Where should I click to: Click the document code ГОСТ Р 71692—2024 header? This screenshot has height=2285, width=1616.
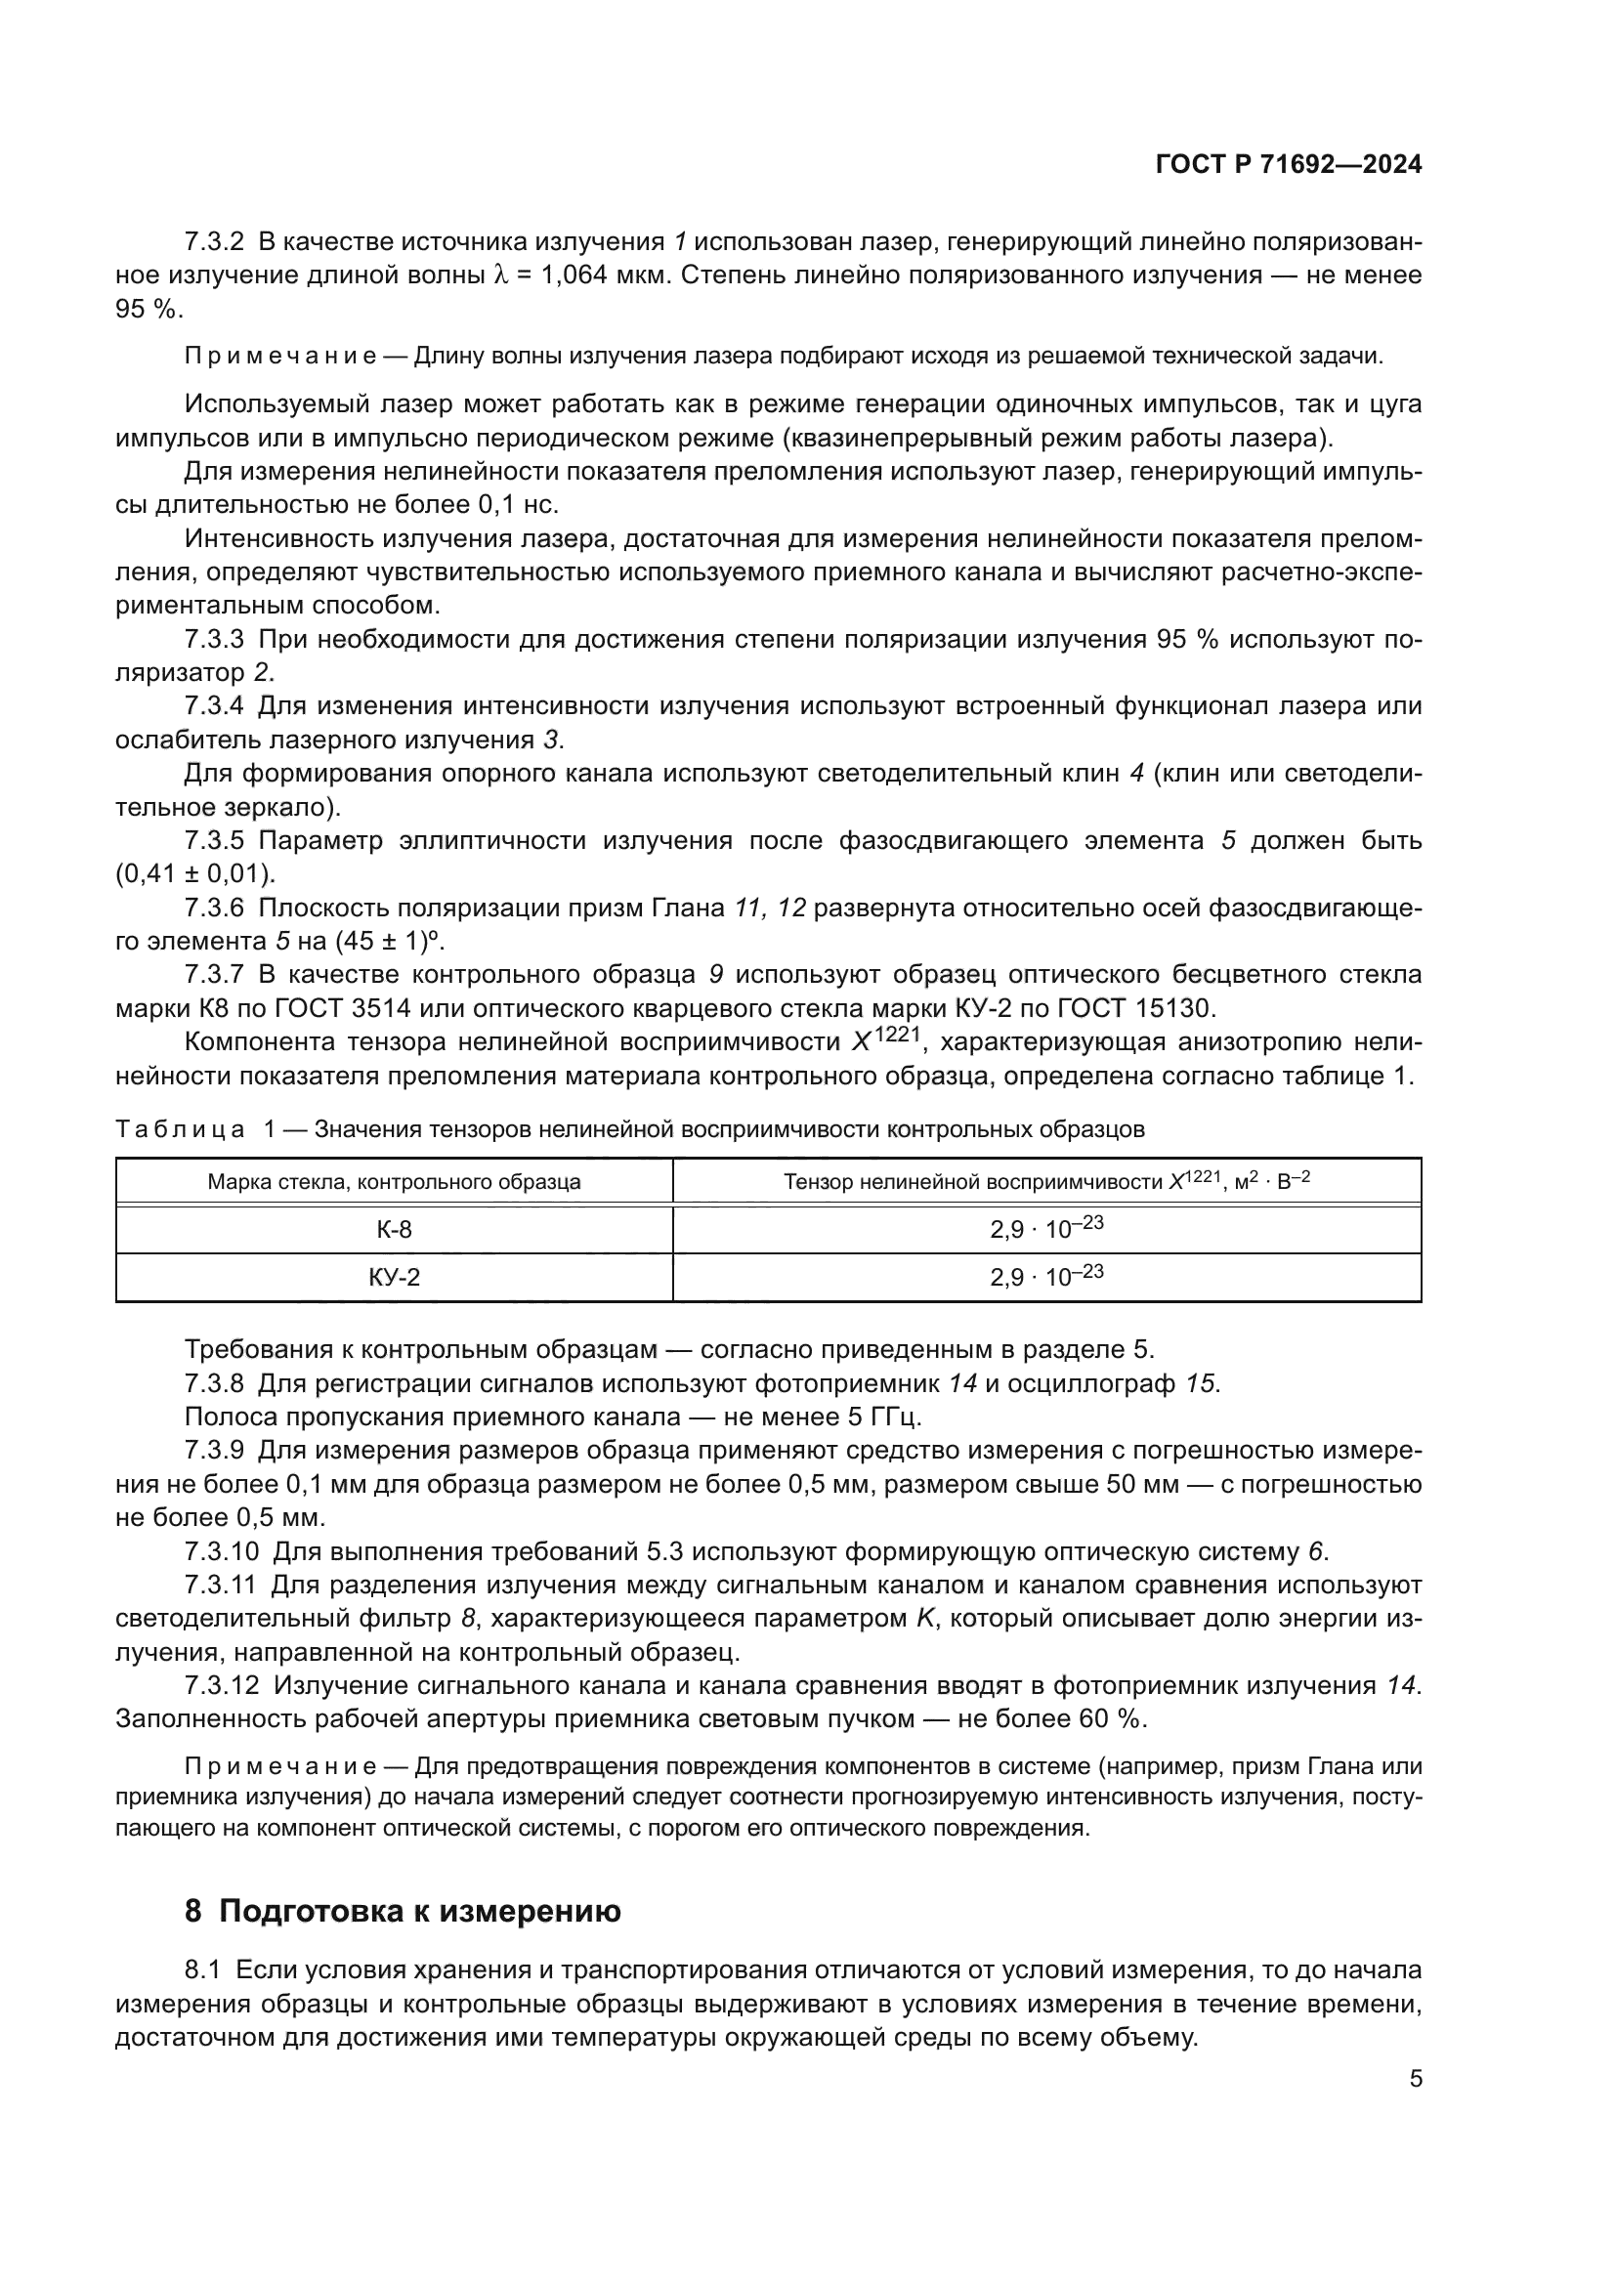[1288, 165]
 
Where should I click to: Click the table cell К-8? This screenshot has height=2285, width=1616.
[394, 1230]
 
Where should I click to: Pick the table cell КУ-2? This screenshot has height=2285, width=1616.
[394, 1278]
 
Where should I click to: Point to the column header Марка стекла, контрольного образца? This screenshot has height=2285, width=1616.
[394, 1182]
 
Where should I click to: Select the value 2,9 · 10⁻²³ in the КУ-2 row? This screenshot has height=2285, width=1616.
[1045, 1276]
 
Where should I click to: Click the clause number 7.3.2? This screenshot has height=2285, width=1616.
[214, 242]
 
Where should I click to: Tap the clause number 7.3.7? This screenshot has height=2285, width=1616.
[214, 974]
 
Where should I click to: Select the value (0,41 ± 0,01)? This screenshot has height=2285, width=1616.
[195, 874]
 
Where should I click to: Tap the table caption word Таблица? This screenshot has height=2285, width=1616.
[180, 1129]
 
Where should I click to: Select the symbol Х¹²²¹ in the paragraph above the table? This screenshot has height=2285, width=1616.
[883, 1041]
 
